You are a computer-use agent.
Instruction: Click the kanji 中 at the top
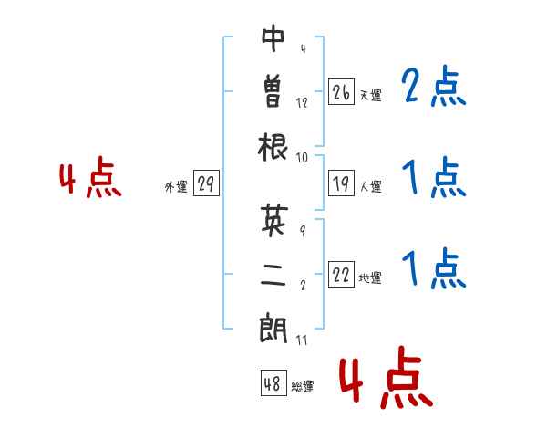tap(273, 38)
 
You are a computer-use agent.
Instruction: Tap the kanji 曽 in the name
tap(273, 91)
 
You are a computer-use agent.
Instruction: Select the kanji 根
tap(273, 147)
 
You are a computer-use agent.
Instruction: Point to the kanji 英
tap(274, 220)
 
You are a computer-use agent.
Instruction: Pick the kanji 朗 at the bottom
tap(273, 329)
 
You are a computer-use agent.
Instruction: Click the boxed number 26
tap(341, 92)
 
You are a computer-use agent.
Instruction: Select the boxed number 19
tap(341, 183)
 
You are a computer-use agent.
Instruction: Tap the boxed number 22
tap(341, 274)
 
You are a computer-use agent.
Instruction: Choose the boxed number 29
tap(206, 183)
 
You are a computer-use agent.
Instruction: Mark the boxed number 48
tap(273, 382)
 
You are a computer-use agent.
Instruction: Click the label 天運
tap(371, 95)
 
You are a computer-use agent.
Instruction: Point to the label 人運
tap(371, 186)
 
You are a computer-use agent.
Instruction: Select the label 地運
tap(370, 277)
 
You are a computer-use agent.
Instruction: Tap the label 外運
tap(176, 187)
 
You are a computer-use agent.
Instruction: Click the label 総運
tap(303, 386)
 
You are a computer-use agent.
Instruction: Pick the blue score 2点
tap(434, 86)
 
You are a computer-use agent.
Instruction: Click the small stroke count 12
tap(302, 103)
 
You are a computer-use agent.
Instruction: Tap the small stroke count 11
tap(302, 340)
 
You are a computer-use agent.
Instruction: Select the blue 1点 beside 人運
tap(434, 177)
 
